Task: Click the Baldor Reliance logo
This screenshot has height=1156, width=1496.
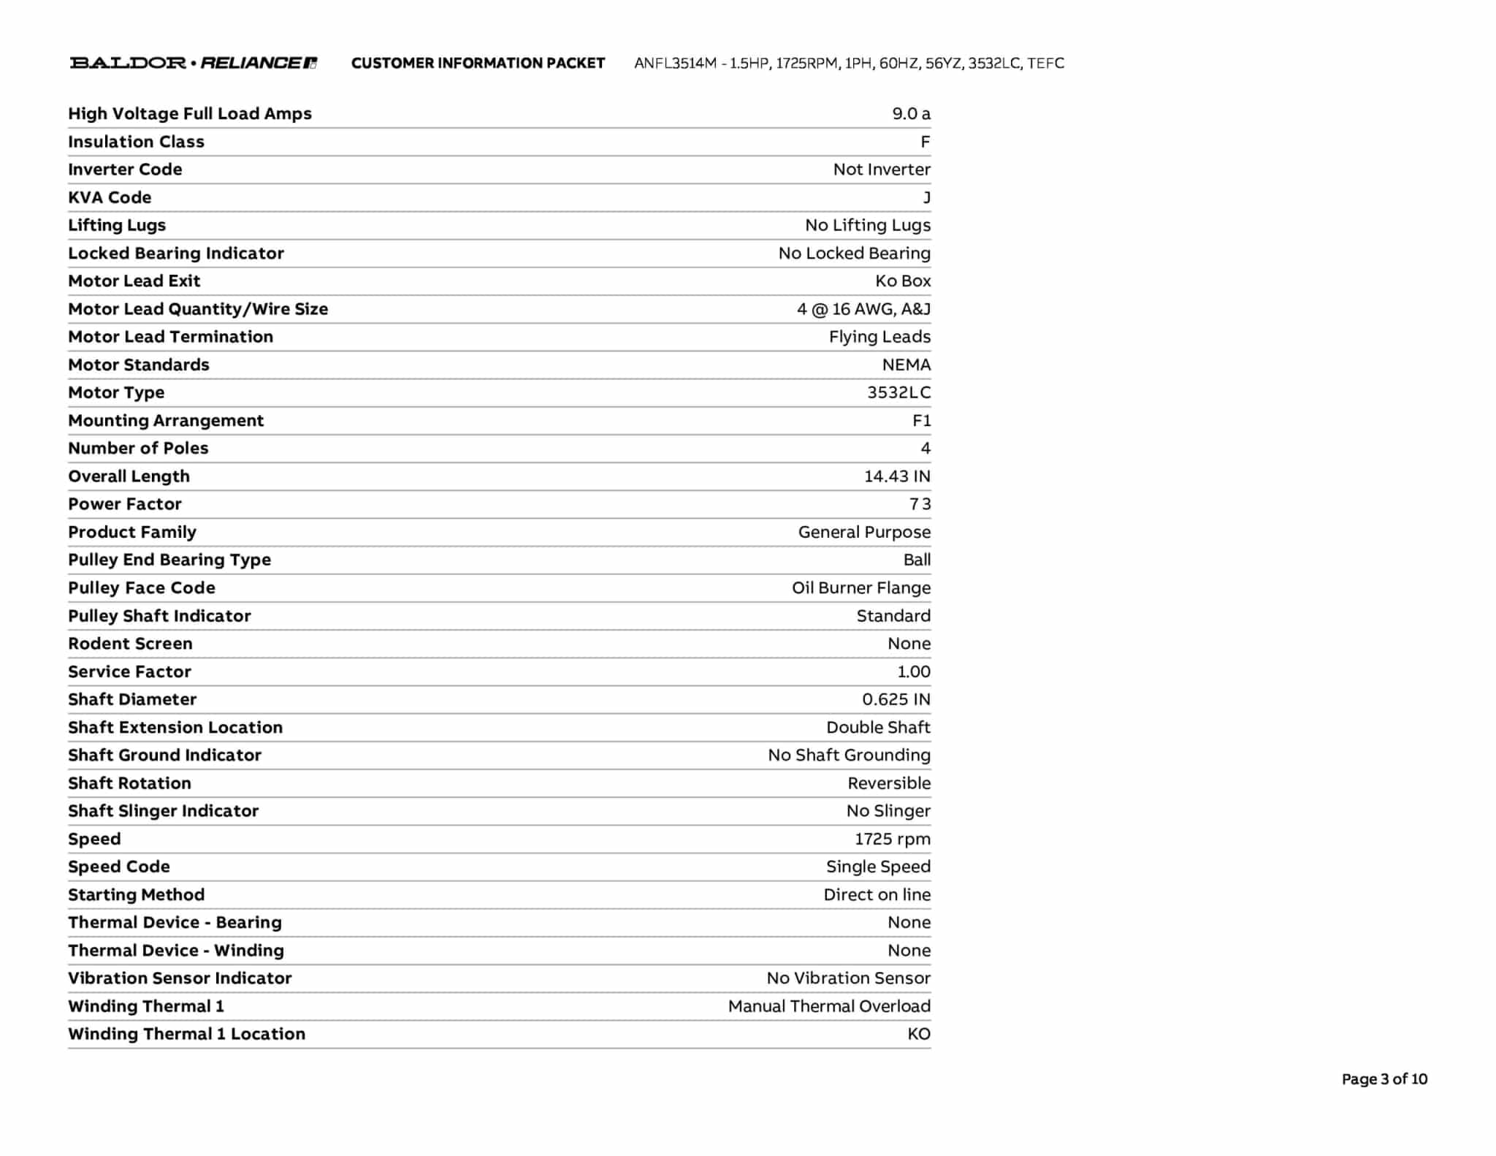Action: pyautogui.click(x=193, y=63)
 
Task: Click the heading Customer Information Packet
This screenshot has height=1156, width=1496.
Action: pyautogui.click(x=478, y=64)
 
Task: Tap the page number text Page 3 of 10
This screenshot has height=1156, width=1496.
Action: pyautogui.click(x=1384, y=1079)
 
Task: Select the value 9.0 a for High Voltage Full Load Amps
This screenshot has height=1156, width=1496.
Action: pyautogui.click(x=911, y=114)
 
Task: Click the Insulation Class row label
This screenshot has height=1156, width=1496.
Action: pyautogui.click(x=136, y=142)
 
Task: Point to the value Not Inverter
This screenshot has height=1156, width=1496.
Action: pyautogui.click(x=882, y=170)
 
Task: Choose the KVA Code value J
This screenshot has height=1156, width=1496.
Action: pyautogui.click(x=926, y=198)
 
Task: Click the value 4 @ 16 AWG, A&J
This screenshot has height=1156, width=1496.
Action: pyautogui.click(x=863, y=309)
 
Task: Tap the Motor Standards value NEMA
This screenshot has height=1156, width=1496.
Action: pyautogui.click(x=906, y=365)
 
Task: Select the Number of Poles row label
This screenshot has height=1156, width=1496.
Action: pyautogui.click(x=138, y=449)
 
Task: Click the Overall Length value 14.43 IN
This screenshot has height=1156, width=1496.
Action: pyautogui.click(x=897, y=476)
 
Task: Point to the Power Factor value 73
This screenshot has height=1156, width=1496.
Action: pyautogui.click(x=920, y=504)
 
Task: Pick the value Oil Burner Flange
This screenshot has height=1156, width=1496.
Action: pyautogui.click(x=861, y=588)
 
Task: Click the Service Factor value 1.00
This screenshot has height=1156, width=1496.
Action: pyautogui.click(x=914, y=672)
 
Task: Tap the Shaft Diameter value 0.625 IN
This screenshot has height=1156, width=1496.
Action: pyautogui.click(x=896, y=699)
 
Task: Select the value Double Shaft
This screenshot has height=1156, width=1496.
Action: pyautogui.click(x=878, y=728)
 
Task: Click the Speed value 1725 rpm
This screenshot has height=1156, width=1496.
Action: pyautogui.click(x=893, y=839)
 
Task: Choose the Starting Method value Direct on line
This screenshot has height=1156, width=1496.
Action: pyautogui.click(x=877, y=895)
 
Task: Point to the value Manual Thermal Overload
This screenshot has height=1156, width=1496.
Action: pyautogui.click(x=829, y=1006)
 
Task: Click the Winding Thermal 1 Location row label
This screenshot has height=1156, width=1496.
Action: pyautogui.click(x=186, y=1034)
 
